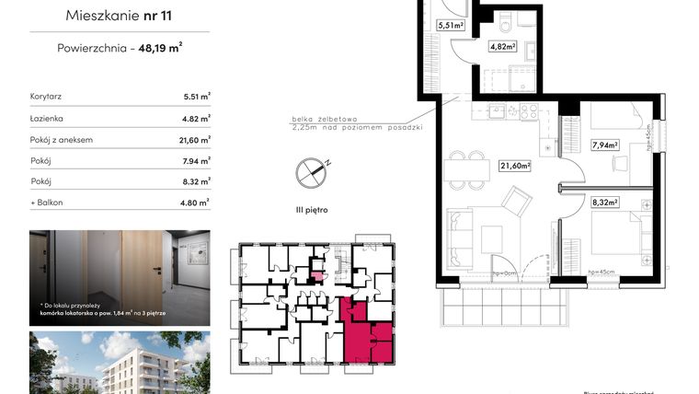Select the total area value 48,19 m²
[160, 51]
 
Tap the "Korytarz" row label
[45, 96]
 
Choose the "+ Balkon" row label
[47, 202]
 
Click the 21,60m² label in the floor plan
[516, 166]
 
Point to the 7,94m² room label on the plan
[604, 145]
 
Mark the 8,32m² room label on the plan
[604, 203]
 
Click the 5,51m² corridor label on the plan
[450, 26]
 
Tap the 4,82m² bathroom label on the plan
[502, 46]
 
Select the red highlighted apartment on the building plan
[364, 332]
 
